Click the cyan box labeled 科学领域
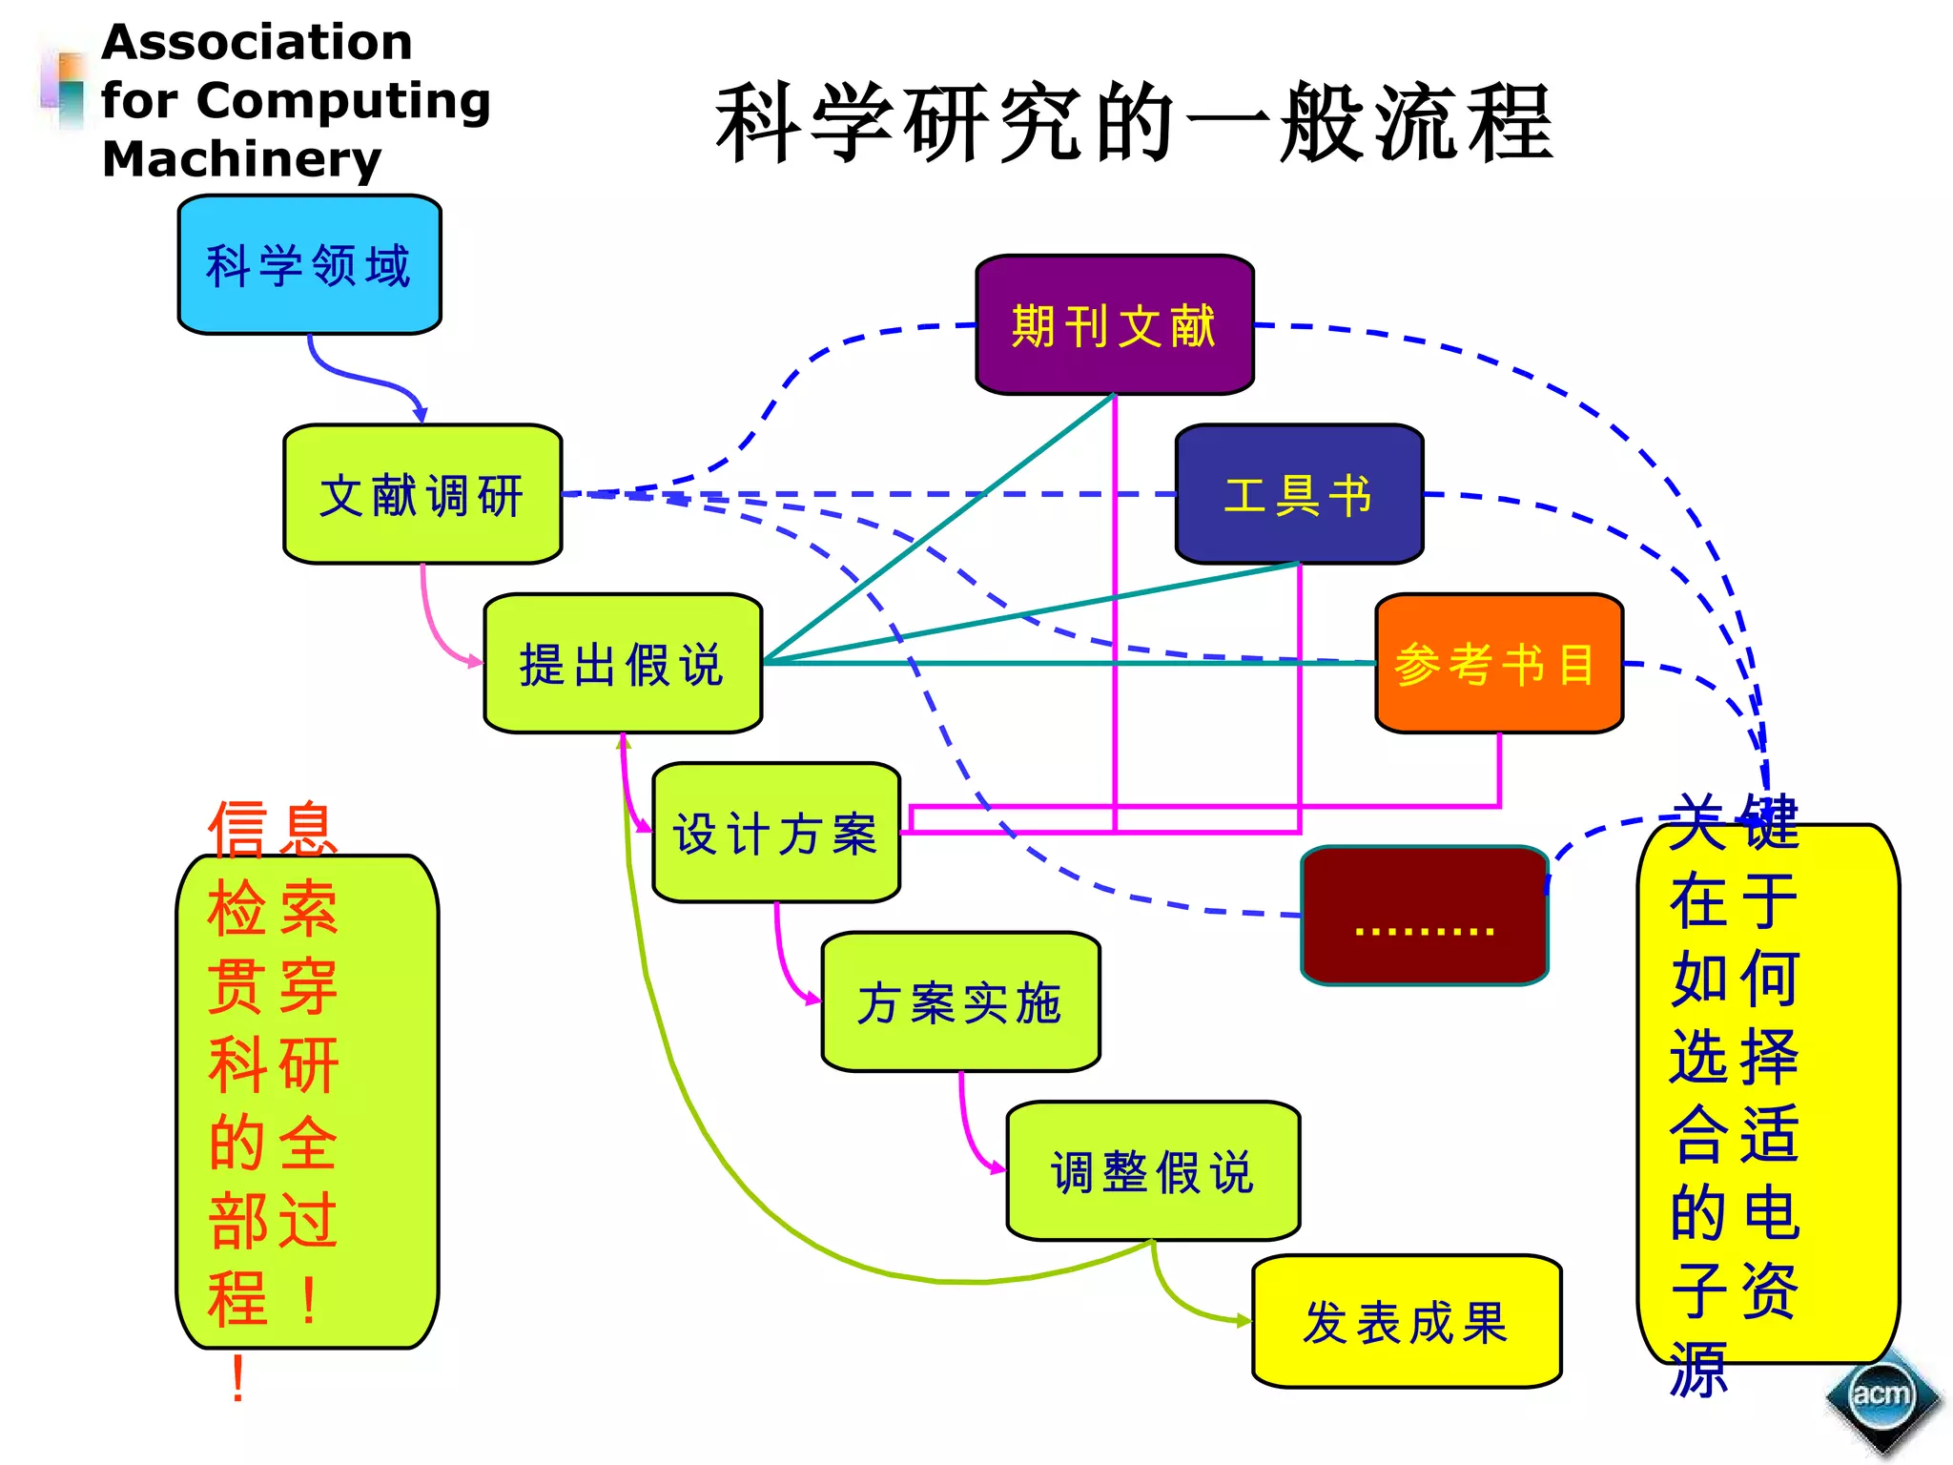[x=309, y=264]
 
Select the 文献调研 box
[x=422, y=494]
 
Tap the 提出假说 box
[x=623, y=664]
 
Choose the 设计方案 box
[x=776, y=833]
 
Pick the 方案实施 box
[x=960, y=1002]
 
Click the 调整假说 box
[x=1153, y=1171]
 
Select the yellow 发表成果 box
[x=1407, y=1321]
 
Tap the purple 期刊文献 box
[x=1115, y=325]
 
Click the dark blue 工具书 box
[x=1299, y=494]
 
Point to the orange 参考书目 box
[x=1498, y=664]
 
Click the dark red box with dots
[x=1425, y=916]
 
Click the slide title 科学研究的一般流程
[x=1135, y=124]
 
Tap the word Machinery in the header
[x=241, y=159]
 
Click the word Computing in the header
[x=343, y=100]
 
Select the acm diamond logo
[x=1881, y=1395]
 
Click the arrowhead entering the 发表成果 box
[x=1242, y=1321]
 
